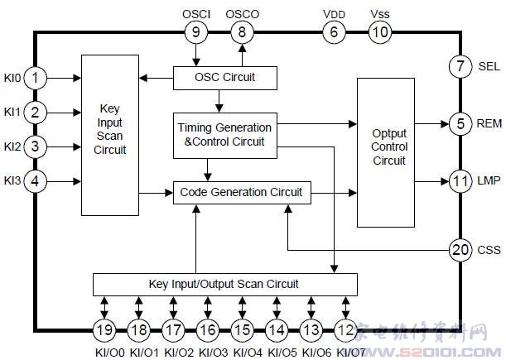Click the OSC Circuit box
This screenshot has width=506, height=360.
tap(224, 78)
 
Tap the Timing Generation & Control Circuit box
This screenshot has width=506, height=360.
tap(224, 134)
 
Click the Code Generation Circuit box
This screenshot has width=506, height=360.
tap(242, 193)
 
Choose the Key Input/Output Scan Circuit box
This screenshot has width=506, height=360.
tap(224, 283)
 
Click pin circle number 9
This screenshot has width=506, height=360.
tap(196, 33)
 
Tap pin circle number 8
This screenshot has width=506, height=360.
tap(242, 33)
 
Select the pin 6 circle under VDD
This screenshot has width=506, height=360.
tap(334, 33)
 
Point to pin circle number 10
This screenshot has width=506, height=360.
tap(379, 33)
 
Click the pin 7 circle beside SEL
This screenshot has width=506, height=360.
tap(460, 66)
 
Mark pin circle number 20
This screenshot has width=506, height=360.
tap(460, 248)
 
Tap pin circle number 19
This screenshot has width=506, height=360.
tap(104, 330)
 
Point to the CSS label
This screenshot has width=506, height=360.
tap(489, 248)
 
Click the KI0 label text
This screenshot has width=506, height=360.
tap(11, 77)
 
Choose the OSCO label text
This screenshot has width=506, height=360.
tap(242, 14)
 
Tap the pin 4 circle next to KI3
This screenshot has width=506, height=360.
tap(35, 180)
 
